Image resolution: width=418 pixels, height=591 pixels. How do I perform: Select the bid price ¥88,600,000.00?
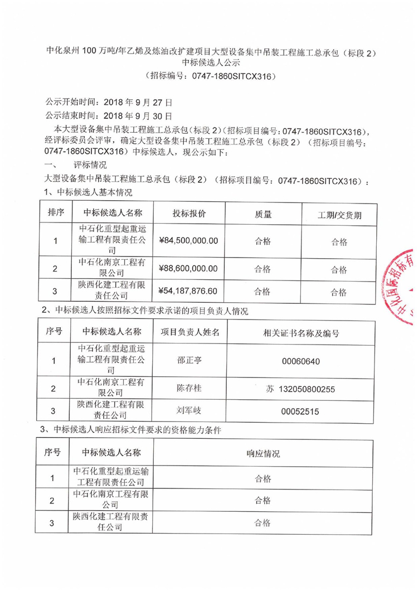pyautogui.click(x=188, y=269)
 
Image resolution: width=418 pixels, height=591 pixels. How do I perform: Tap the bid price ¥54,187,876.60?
pyautogui.click(x=188, y=291)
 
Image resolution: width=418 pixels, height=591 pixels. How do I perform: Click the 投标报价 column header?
pyautogui.click(x=188, y=214)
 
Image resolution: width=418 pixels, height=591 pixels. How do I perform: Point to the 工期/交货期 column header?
pyautogui.click(x=339, y=215)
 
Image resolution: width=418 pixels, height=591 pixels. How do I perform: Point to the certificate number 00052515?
pyautogui.click(x=301, y=411)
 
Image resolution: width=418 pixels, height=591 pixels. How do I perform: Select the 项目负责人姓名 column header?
pyautogui.click(x=190, y=332)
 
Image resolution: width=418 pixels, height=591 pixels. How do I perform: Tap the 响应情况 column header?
pyautogui.click(x=263, y=453)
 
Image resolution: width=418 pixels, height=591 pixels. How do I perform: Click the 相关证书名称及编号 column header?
pyautogui.click(x=301, y=333)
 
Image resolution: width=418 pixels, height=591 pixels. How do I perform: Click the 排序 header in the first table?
pyautogui.click(x=56, y=213)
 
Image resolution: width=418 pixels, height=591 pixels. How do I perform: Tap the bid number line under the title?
pyautogui.click(x=211, y=76)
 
